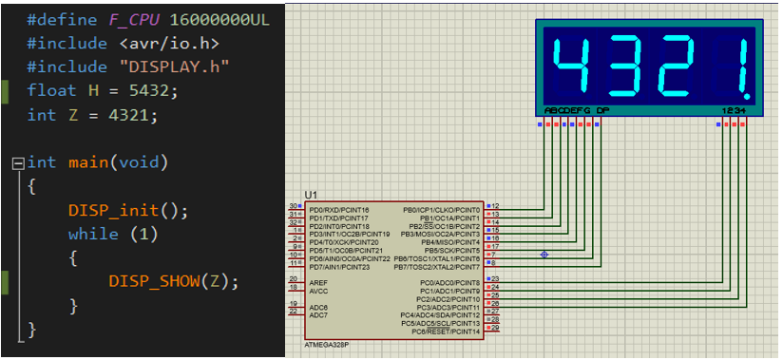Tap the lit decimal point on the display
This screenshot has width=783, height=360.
pyautogui.click(x=752, y=96)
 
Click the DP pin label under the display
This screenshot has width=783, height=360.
pyautogui.click(x=602, y=111)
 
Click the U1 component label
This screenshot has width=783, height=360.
pyautogui.click(x=311, y=194)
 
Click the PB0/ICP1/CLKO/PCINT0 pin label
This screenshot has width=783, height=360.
pyautogui.click(x=442, y=207)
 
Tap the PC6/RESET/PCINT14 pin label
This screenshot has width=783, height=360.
pyautogui.click(x=446, y=331)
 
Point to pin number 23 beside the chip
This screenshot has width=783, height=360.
pyautogui.click(x=494, y=278)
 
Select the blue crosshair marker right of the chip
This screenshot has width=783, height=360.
pyautogui.click(x=544, y=255)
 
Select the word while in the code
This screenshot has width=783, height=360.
pyautogui.click(x=93, y=234)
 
